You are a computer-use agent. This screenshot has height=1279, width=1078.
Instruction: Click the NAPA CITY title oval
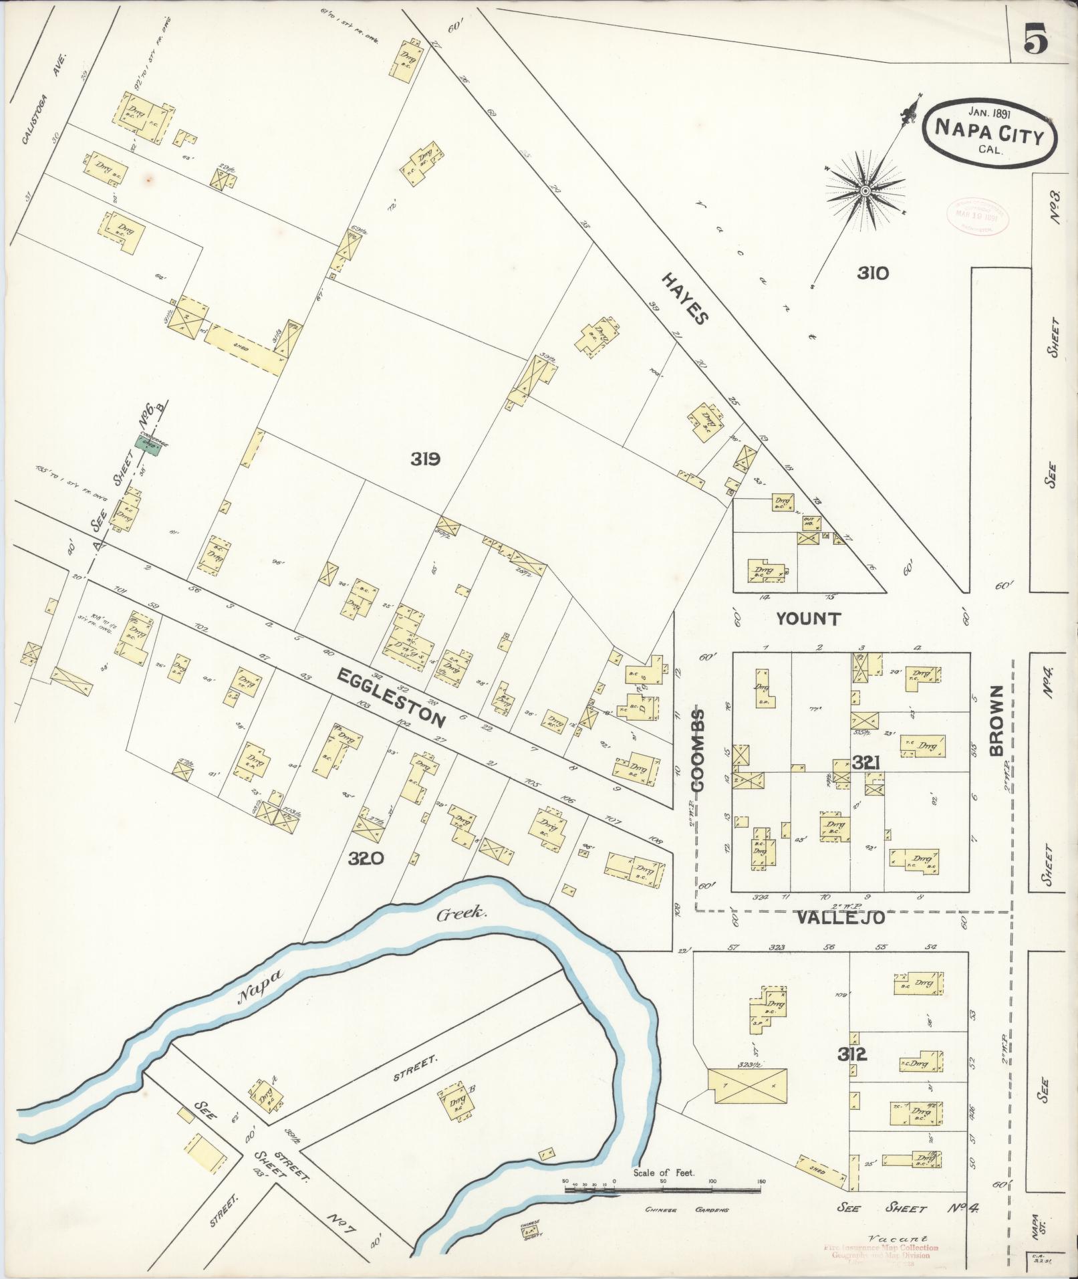(x=990, y=133)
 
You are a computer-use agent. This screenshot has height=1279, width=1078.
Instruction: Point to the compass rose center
(x=864, y=191)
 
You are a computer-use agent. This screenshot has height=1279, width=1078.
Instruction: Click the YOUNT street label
(x=808, y=618)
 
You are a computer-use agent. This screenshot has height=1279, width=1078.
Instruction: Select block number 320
(x=366, y=858)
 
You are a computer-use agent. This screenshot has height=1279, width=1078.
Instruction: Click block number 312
(x=852, y=1055)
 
